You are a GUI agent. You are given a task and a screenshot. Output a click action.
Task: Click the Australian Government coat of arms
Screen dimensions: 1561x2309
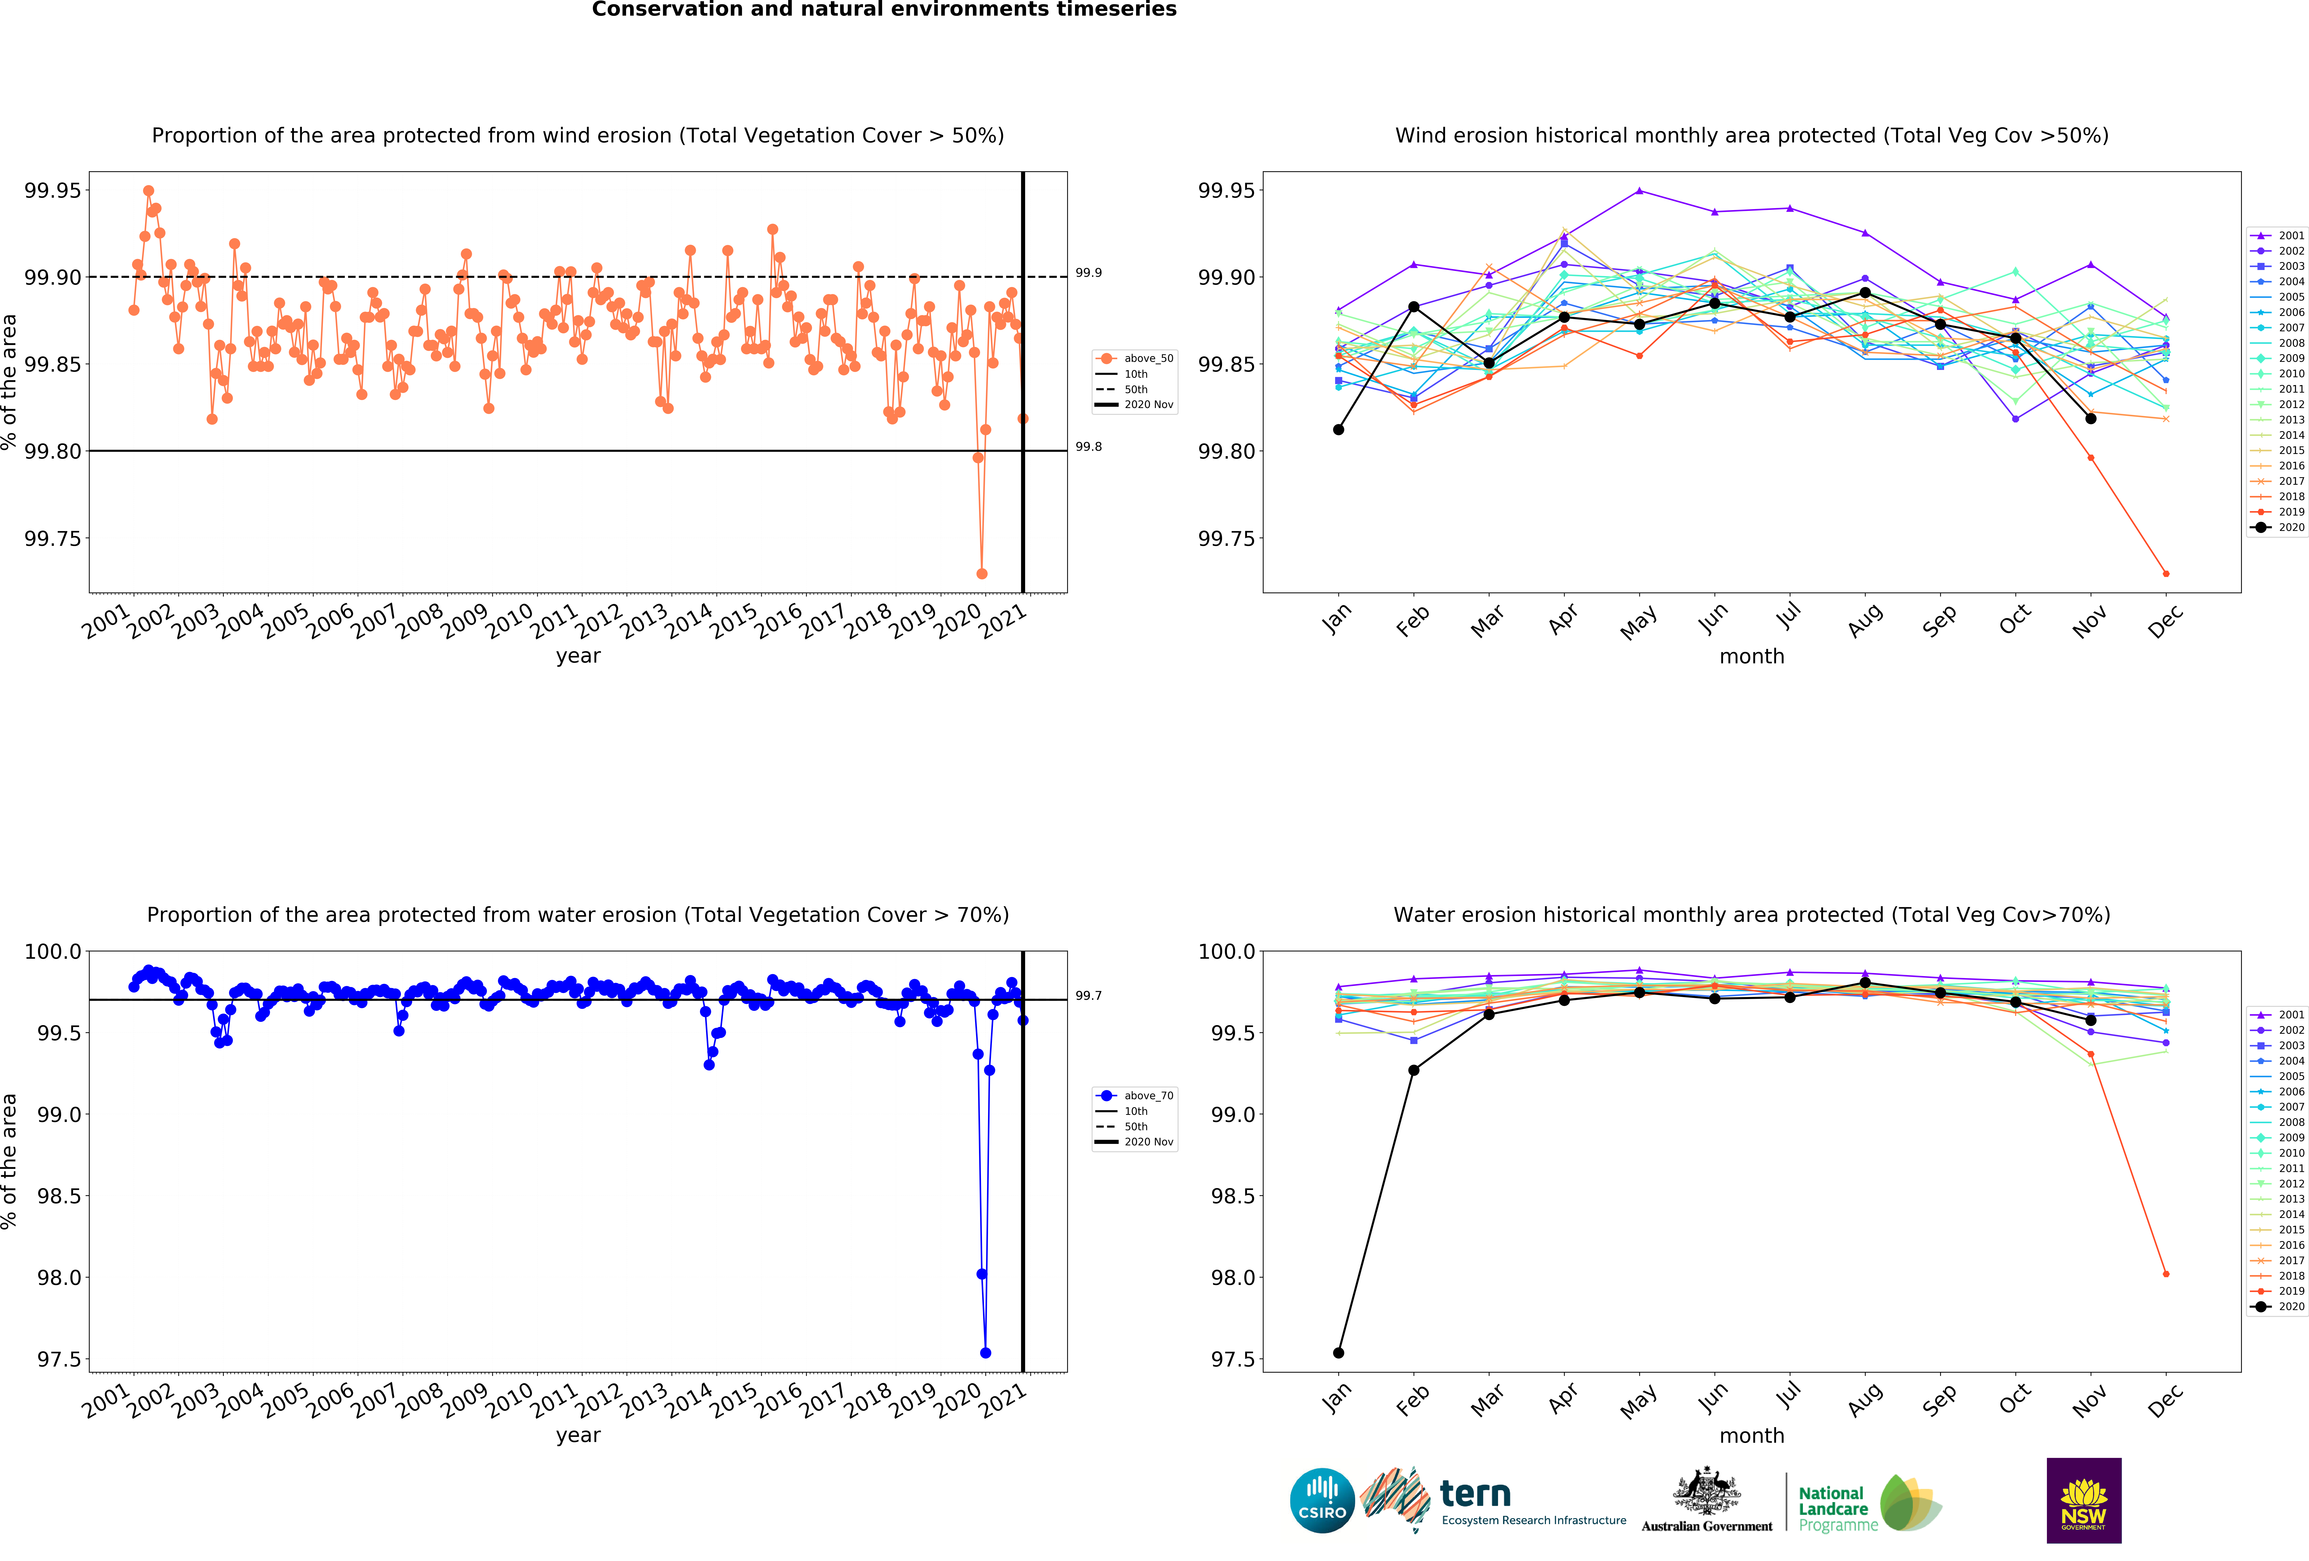pos(1706,1490)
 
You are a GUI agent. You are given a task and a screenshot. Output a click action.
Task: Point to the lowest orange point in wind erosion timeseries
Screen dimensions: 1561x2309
pos(982,573)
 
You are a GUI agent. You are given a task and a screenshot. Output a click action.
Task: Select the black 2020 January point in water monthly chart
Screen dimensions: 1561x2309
pos(1338,1352)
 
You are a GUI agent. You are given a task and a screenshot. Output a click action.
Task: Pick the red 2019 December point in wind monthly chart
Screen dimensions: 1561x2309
pos(2166,573)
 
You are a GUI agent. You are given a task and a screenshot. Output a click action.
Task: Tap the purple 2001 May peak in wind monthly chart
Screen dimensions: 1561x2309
pos(1639,191)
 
